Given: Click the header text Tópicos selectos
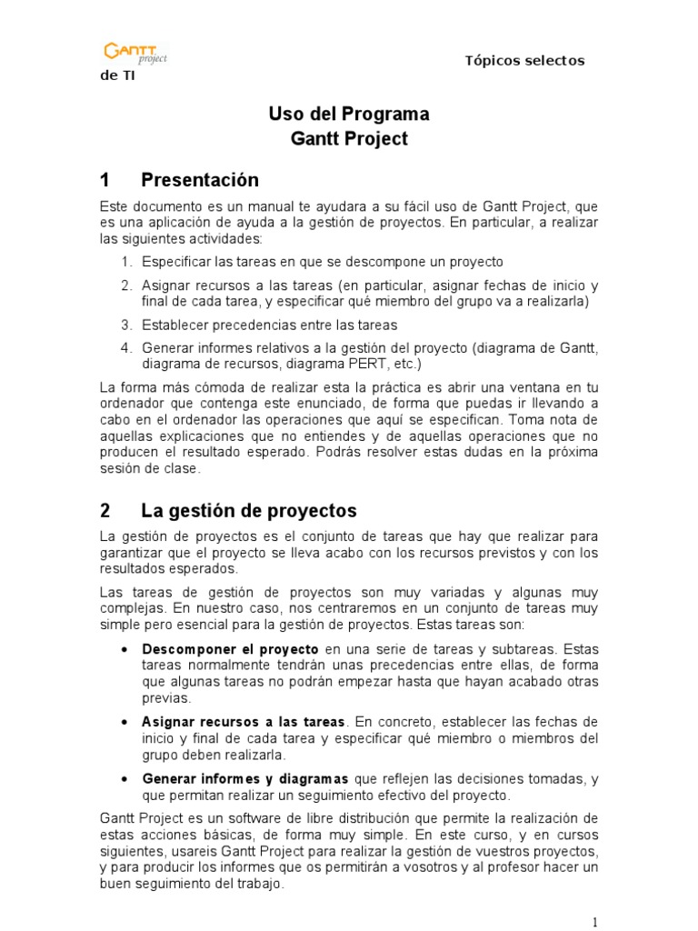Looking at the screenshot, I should pyautogui.click(x=524, y=60).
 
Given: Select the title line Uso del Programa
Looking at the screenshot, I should pyautogui.click(x=349, y=115).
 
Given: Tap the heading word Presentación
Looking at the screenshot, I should pyautogui.click(x=200, y=179).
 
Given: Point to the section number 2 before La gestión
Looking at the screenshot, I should pyautogui.click(x=105, y=510).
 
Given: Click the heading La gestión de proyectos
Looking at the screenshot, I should pyautogui.click(x=249, y=510).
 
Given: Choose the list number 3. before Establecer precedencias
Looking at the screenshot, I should pyautogui.click(x=125, y=325).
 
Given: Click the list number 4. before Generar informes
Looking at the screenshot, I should pyautogui.click(x=125, y=347).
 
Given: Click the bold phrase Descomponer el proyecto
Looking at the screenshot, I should pyautogui.click(x=230, y=649).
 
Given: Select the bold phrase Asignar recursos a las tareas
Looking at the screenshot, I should pyautogui.click(x=243, y=721).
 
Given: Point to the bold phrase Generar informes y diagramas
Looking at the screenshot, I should pyautogui.click(x=245, y=779).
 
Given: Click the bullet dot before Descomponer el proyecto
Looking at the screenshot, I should pyautogui.click(x=124, y=650).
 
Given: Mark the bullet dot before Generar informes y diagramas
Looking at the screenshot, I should pyautogui.click(x=124, y=780).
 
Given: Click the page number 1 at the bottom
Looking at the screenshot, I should pyautogui.click(x=595, y=922).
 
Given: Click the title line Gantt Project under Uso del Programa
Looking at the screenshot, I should pyautogui.click(x=349, y=139).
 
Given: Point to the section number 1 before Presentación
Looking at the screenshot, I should pyautogui.click(x=105, y=179).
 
